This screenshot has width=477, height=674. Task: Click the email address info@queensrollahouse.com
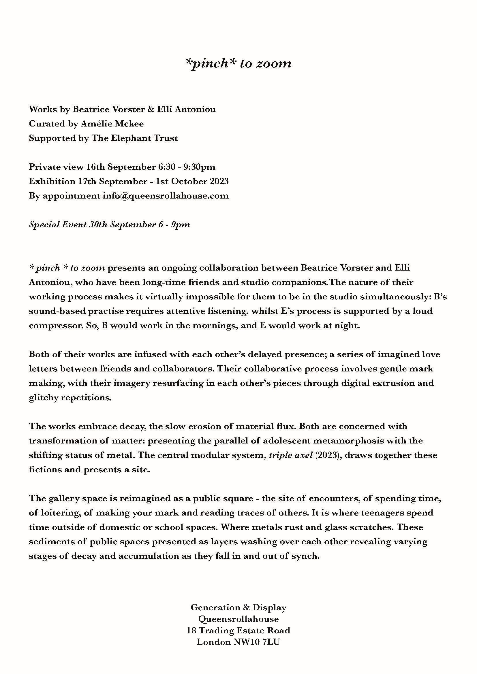point(165,196)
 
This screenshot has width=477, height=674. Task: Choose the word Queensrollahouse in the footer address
point(238,619)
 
